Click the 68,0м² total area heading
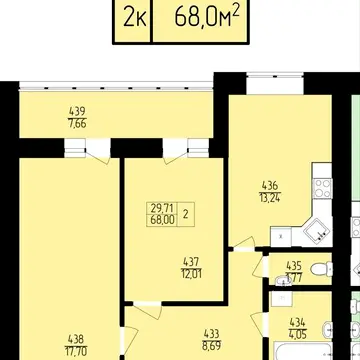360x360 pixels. pos(207,17)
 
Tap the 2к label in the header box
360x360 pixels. pos(135,17)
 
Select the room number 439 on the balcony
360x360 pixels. pos(77,110)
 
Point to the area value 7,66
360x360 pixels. pos(77,124)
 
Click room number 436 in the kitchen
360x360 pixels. pos(270,185)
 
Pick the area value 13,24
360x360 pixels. pos(270,198)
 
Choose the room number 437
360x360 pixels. pos(192,261)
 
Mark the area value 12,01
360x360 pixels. pos(192,275)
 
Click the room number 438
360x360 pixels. pos(75,340)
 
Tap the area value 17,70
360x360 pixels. pos(75,352)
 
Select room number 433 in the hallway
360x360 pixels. pos(211,333)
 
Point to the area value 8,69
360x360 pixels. pos(211,346)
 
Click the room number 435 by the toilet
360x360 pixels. pos(294,266)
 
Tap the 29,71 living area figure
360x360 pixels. pos(162,209)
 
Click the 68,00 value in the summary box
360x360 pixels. pos(162,221)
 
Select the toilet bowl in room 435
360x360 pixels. pos(321,269)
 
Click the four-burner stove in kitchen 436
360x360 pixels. pos(323,189)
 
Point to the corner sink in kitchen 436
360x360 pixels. pos(317,230)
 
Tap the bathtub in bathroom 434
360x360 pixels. pos(302,351)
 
